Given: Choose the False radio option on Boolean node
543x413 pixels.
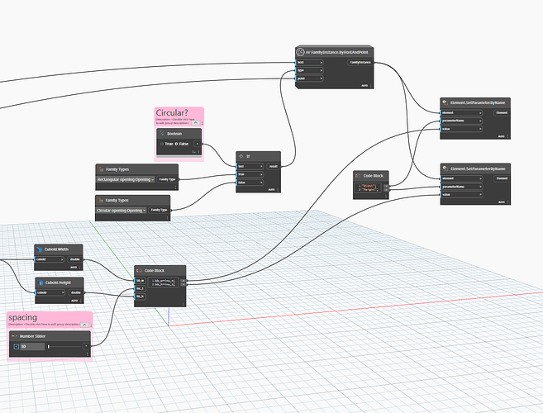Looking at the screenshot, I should tap(178, 144).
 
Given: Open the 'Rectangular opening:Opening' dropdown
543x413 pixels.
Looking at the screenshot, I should tap(125, 178).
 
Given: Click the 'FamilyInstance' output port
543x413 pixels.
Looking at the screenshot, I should tap(360, 62).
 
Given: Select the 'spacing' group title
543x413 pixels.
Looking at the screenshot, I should tap(22, 317).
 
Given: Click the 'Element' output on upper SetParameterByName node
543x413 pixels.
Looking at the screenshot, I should tap(501, 112).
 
